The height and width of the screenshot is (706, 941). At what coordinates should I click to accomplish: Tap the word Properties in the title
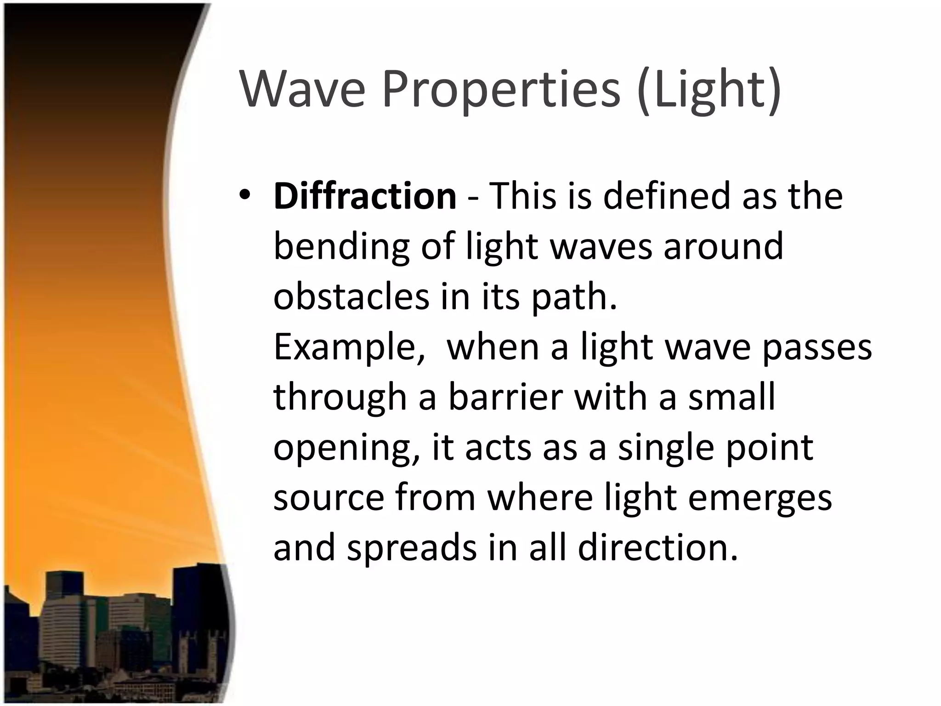pyautogui.click(x=501, y=90)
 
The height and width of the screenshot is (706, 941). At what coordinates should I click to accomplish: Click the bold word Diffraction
pyautogui.click(x=365, y=196)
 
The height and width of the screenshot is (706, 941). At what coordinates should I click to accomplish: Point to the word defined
pyautogui.click(x=666, y=196)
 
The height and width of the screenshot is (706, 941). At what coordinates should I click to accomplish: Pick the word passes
pyautogui.click(x=817, y=348)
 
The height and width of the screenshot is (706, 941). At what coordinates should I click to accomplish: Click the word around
pyautogui.click(x=723, y=246)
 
